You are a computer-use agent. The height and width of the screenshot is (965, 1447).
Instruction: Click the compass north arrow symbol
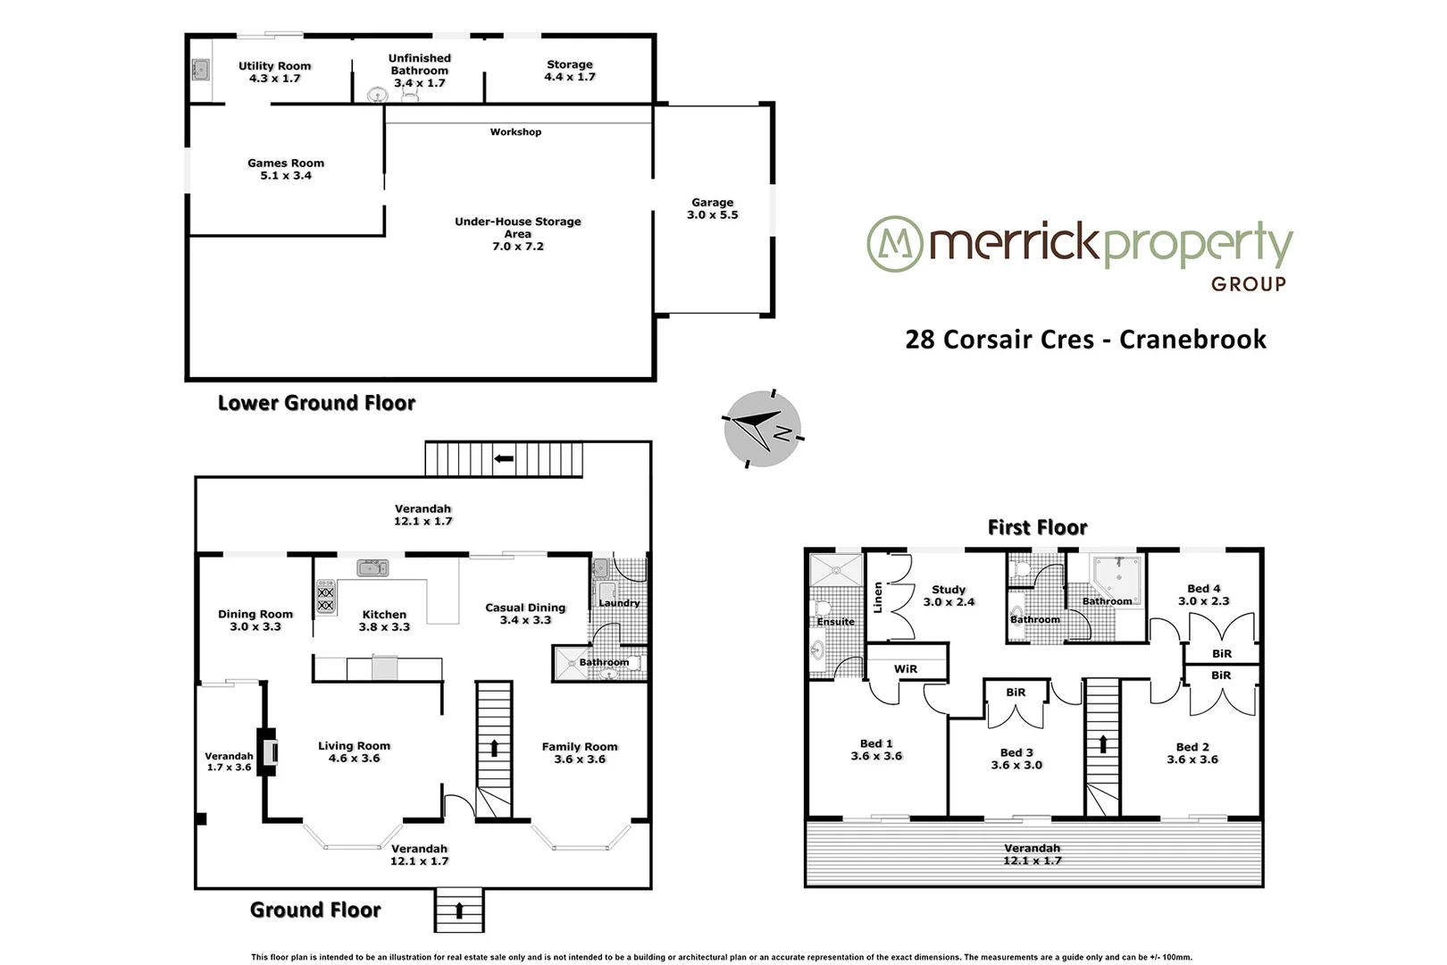pos(761,428)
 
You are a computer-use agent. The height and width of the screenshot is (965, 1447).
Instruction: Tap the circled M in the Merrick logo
pos(894,243)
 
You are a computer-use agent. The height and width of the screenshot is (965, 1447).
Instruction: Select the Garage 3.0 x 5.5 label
pos(712,209)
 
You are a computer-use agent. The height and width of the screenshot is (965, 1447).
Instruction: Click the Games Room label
pos(286,169)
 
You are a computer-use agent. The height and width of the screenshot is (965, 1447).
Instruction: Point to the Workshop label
pos(515,132)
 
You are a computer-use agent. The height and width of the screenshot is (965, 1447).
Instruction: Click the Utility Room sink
pos(201,68)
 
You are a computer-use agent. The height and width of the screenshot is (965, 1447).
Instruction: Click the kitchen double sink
pos(372,567)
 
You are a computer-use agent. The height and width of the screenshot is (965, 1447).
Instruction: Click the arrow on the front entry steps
pos(459,911)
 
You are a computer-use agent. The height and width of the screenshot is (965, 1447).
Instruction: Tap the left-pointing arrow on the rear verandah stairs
pos(504,458)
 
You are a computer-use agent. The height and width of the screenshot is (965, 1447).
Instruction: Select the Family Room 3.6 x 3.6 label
pos(580,752)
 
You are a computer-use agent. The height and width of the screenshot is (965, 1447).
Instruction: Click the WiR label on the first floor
pos(905,668)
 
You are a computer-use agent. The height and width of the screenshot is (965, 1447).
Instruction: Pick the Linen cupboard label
pos(878,596)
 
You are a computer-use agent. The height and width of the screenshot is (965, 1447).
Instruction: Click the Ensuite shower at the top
pos(835,569)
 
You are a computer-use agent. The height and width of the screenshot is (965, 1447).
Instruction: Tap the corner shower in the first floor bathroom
pos(1119,575)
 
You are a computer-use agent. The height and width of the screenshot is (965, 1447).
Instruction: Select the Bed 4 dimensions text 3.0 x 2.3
pos(1203,601)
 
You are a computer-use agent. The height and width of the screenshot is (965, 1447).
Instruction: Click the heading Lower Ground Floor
pos(316,403)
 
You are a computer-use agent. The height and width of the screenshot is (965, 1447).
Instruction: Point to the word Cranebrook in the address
pos(1192,340)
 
